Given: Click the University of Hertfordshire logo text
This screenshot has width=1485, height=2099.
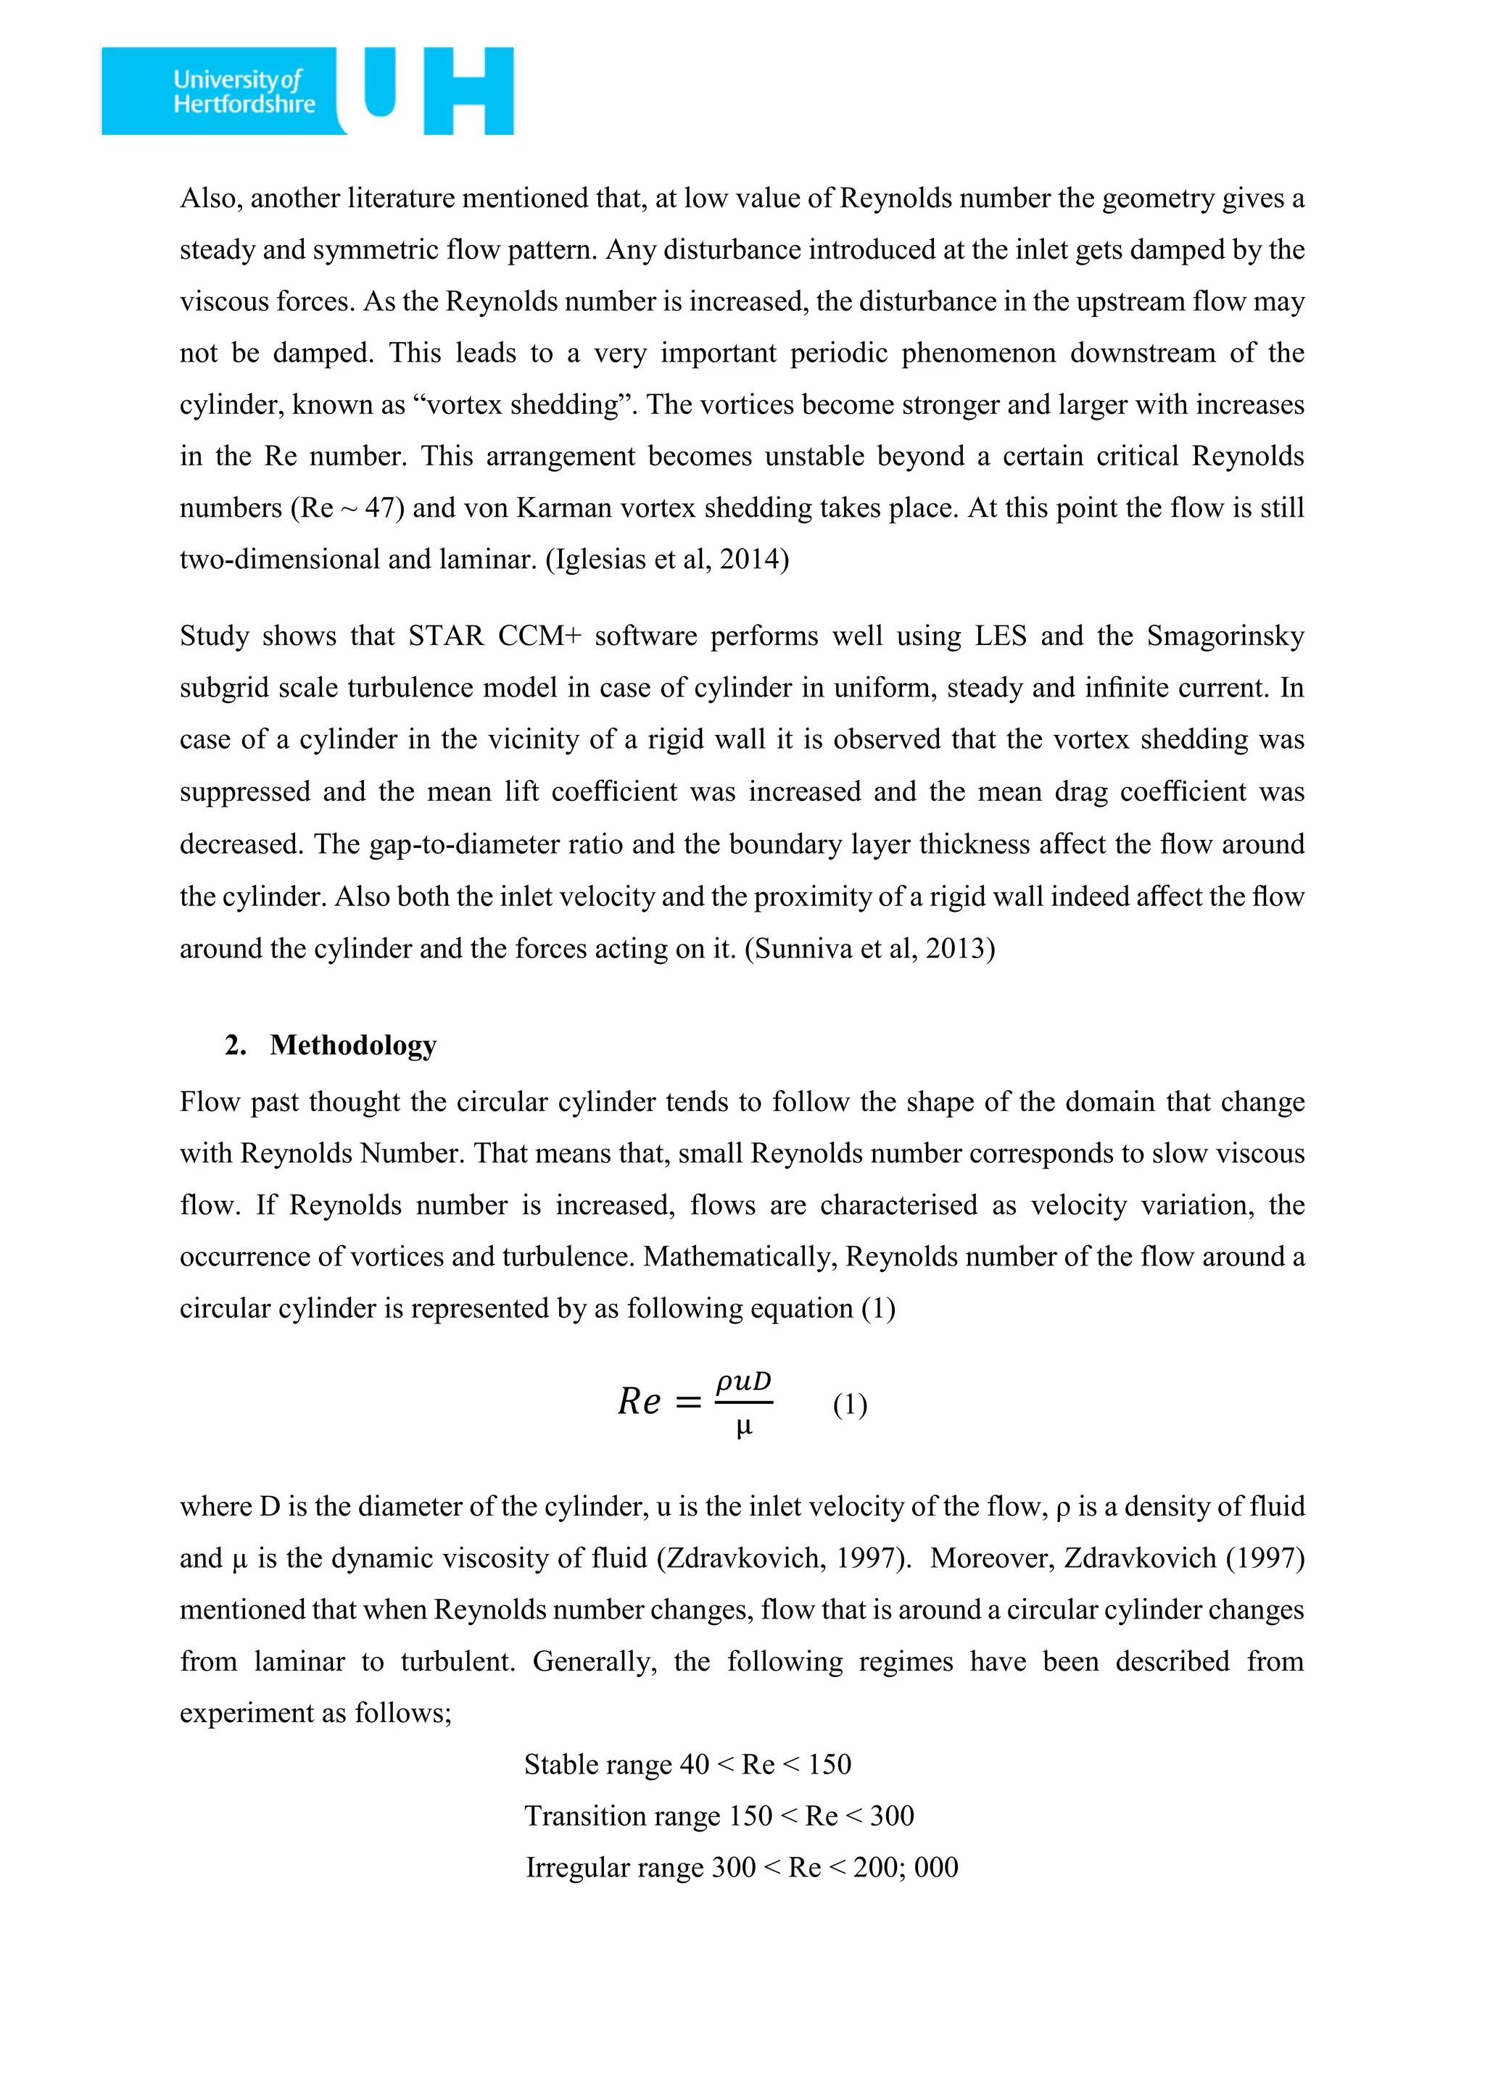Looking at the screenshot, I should click(x=244, y=91).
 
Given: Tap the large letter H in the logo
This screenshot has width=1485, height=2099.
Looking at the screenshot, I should click(x=468, y=91).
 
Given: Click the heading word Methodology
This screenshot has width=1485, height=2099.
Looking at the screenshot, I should click(x=353, y=1045).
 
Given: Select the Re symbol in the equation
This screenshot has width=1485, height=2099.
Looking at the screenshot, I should click(x=638, y=1402).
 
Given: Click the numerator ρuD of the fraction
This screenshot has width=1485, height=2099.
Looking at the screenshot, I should click(x=743, y=1381).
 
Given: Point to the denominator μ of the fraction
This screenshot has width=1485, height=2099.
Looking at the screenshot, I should click(x=743, y=1427).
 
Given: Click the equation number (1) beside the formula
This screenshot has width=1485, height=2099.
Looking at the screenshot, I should click(x=850, y=1403).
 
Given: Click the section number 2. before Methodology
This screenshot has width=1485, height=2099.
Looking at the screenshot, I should click(x=235, y=1045).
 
